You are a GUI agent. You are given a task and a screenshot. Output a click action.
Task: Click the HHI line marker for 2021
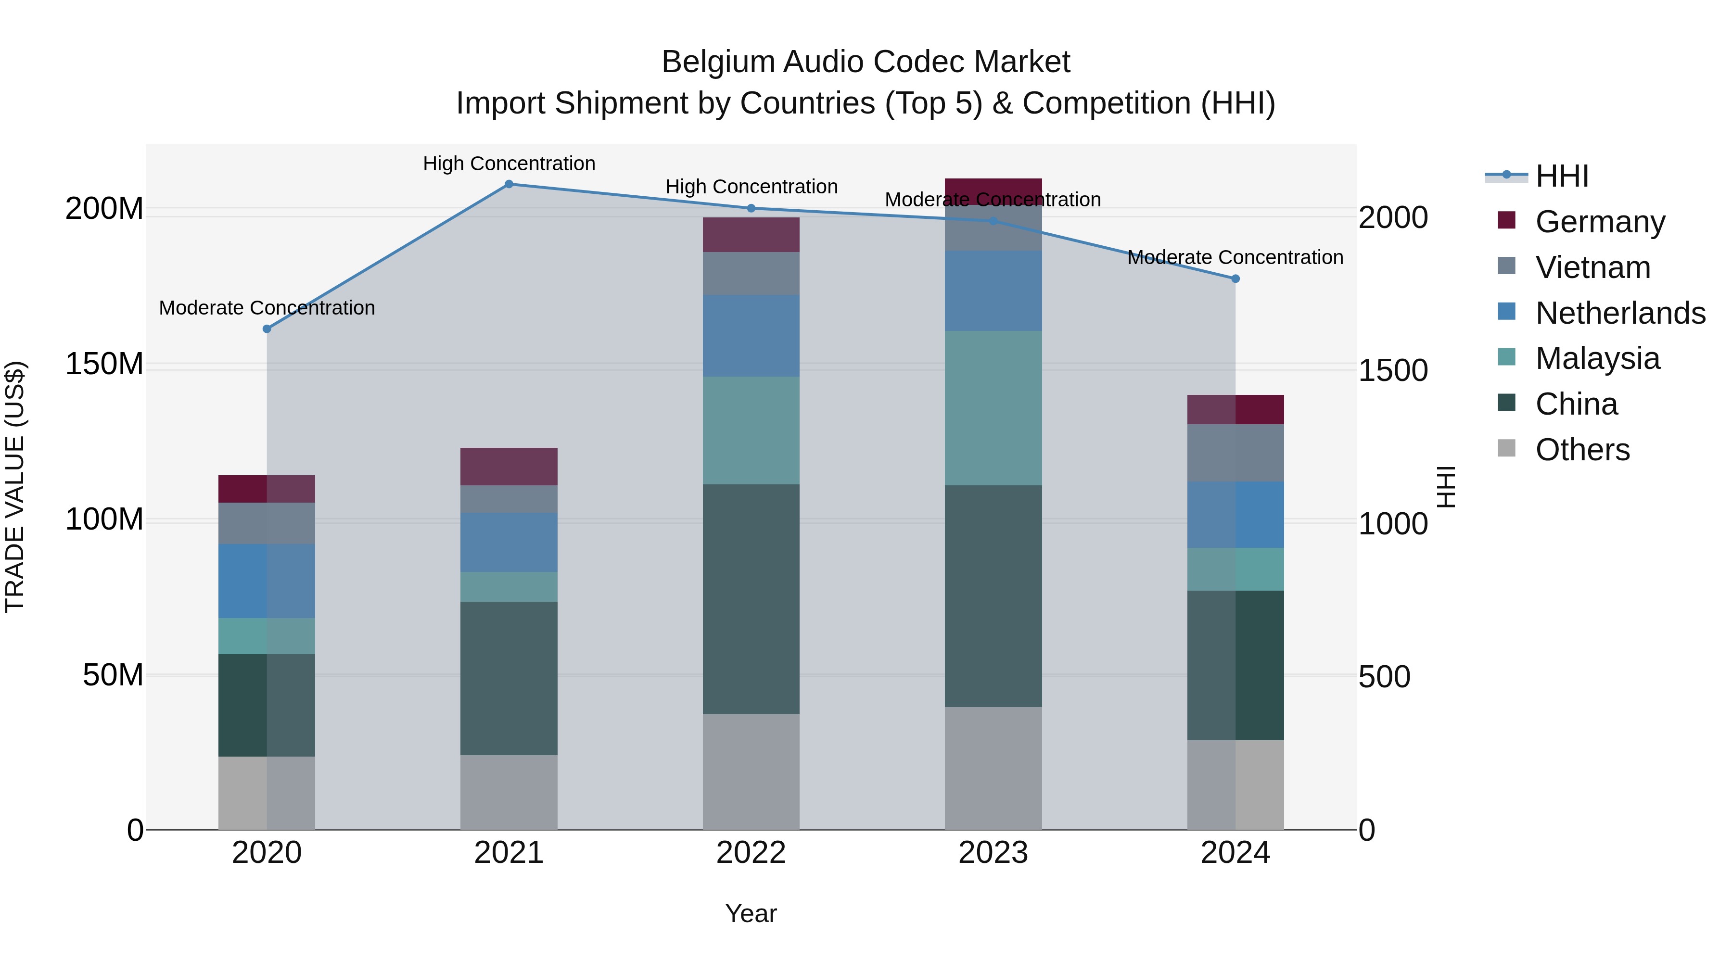(x=509, y=184)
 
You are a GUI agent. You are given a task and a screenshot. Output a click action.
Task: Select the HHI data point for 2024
(x=1235, y=278)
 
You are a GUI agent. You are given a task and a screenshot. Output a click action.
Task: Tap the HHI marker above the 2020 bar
(x=267, y=329)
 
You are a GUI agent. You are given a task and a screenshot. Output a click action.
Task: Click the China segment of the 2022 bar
(x=751, y=598)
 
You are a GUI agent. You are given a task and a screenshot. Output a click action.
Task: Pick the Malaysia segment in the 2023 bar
(x=993, y=407)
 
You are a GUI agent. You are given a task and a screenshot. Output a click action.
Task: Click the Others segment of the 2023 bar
(x=993, y=768)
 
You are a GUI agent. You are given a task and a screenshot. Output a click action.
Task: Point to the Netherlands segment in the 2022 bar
(x=751, y=335)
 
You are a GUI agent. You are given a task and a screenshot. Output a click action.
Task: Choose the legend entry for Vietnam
(x=1592, y=267)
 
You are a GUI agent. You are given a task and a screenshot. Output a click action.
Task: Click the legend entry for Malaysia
(x=1597, y=358)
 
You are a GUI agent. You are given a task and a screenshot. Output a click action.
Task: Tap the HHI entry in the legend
(x=1561, y=176)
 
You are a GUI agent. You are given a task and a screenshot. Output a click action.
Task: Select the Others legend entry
(x=1581, y=450)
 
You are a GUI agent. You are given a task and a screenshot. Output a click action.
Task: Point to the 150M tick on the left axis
(x=104, y=364)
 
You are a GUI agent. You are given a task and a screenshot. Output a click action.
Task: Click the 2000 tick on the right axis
(x=1392, y=218)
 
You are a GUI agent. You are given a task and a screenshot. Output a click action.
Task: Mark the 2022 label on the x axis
(x=751, y=853)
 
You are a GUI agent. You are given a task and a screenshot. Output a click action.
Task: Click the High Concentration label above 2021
(x=509, y=164)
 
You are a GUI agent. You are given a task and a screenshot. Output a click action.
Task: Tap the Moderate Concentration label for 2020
(x=267, y=308)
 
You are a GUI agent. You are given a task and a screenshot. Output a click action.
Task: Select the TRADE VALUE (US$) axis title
(x=15, y=487)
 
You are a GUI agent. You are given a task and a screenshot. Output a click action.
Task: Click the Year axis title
(x=751, y=913)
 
